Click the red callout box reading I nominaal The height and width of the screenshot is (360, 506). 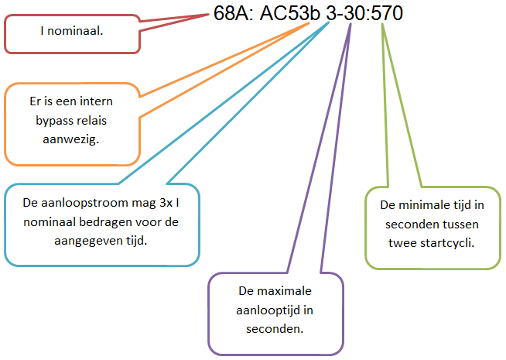point(73,33)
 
